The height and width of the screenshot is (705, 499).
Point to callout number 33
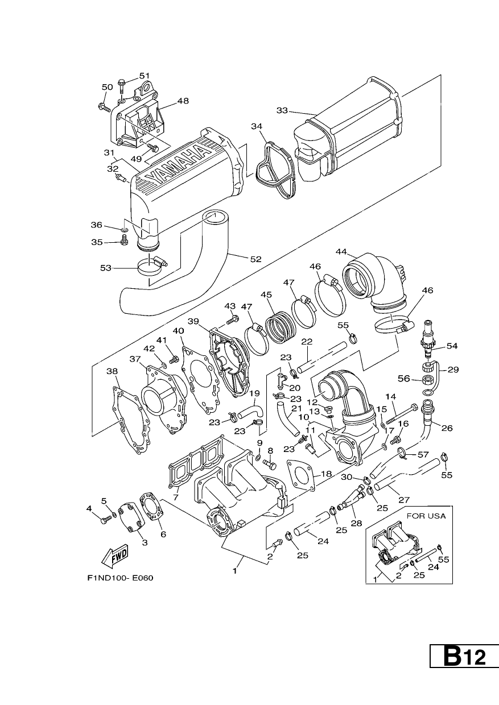pos(282,110)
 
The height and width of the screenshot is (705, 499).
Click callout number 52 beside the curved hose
pos(256,259)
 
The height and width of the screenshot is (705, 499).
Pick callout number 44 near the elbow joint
pos(341,252)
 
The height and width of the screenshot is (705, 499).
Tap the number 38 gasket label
pos(112,371)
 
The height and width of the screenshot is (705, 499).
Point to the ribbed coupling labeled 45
pos(281,327)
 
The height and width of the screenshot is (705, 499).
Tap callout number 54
pos(452,346)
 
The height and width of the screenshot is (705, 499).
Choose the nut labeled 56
pos(428,379)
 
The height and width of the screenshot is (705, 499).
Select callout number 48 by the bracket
pos(183,101)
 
